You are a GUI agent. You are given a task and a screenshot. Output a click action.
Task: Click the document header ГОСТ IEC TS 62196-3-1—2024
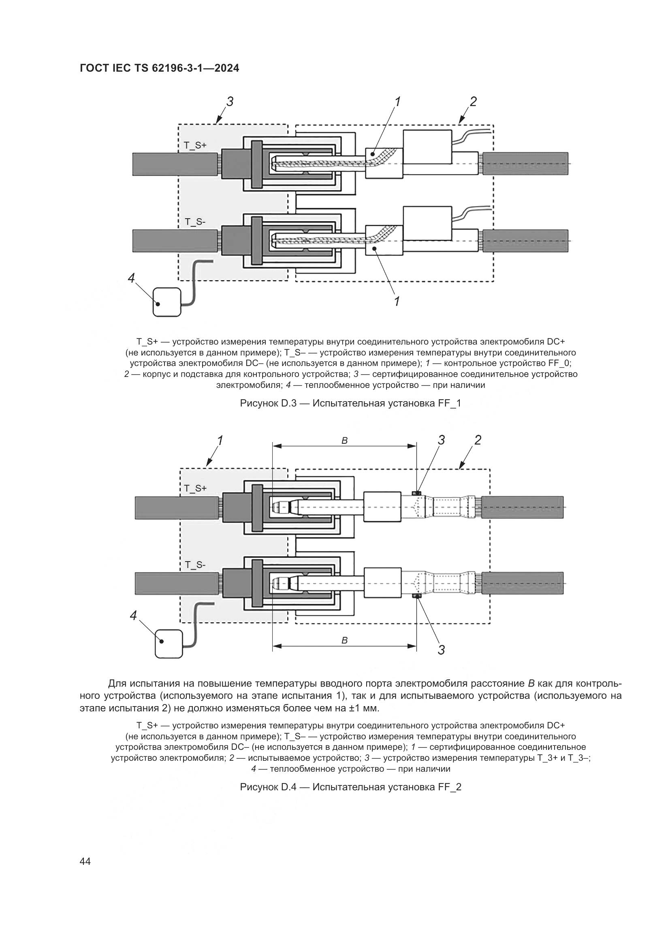[x=159, y=68]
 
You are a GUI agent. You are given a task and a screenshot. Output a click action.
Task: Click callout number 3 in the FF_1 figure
[x=230, y=102]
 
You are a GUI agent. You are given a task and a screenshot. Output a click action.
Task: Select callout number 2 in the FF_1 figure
[x=473, y=102]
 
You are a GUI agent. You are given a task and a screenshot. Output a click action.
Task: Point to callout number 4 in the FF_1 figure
[x=131, y=279]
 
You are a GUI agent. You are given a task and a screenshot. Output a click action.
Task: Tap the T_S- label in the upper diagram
[x=195, y=222]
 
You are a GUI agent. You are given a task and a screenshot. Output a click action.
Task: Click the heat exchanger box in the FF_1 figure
[x=166, y=302]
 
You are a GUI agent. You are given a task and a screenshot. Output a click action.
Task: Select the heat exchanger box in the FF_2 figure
[x=169, y=643]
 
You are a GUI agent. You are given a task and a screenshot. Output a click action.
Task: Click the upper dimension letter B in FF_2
[x=344, y=441]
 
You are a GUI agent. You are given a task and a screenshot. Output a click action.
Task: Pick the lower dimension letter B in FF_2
[x=344, y=641]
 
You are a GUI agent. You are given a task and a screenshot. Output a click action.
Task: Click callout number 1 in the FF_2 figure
[x=220, y=441]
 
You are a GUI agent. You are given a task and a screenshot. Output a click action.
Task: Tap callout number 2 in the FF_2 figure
[x=478, y=441]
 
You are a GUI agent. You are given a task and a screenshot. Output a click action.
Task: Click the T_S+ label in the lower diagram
[x=195, y=488]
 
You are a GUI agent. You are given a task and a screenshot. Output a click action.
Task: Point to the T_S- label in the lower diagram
[x=195, y=565]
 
